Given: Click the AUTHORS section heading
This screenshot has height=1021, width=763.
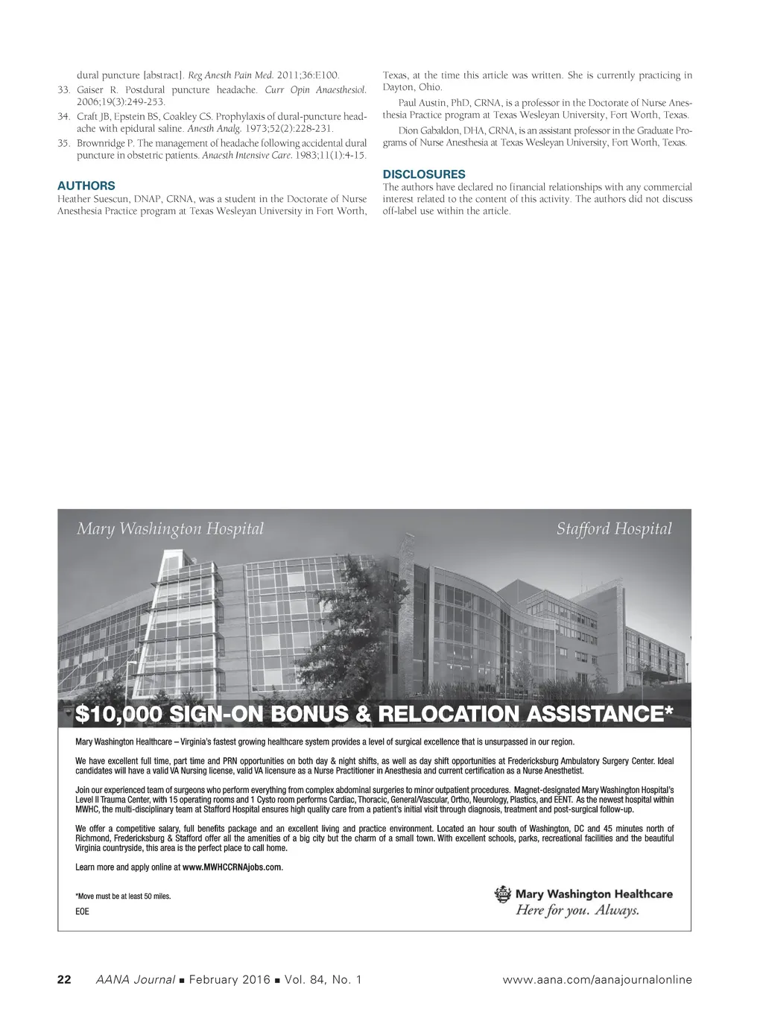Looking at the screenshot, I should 86,186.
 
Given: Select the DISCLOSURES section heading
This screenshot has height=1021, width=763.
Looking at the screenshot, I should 424,174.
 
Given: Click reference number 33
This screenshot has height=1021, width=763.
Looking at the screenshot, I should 63,89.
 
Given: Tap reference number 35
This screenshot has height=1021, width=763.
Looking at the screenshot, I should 63,143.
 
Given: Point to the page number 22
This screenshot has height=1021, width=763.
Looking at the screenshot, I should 64,979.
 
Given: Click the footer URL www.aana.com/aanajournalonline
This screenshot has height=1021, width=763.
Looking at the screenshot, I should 598,979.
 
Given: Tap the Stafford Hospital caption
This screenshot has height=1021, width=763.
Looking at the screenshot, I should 613,529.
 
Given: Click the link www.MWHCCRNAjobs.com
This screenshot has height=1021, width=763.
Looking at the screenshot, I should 232,867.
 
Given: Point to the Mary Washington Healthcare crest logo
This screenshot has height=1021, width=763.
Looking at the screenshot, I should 504,894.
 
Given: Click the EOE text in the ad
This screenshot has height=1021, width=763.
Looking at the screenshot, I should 82,912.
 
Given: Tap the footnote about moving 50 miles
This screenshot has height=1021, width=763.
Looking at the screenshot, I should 123,897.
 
